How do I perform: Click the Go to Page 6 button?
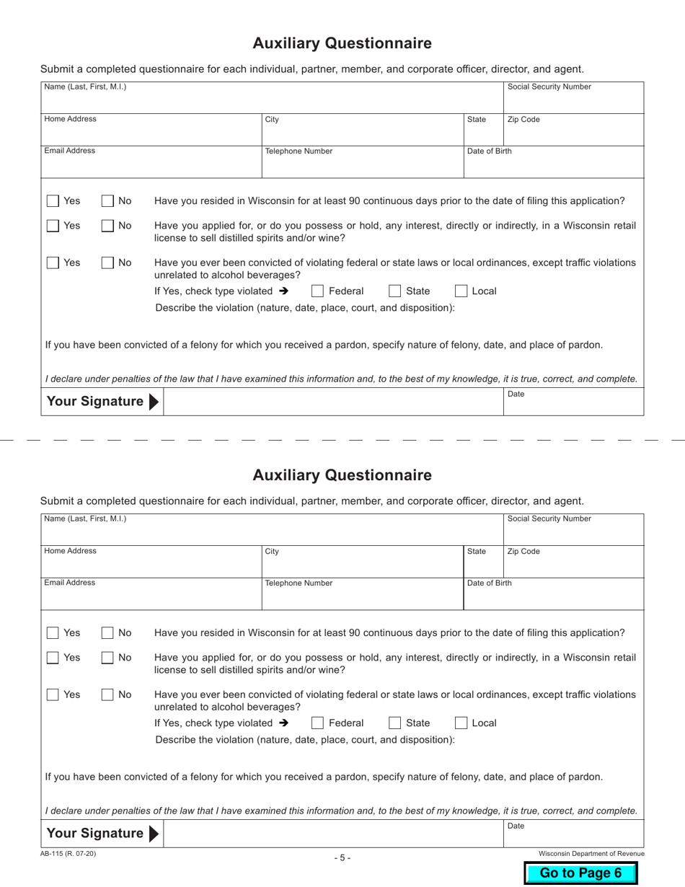580,873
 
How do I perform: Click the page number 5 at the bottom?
342,857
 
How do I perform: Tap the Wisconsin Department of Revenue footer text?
591,854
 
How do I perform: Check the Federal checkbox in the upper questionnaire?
317,291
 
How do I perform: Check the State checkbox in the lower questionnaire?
395,723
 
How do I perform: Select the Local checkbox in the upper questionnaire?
461,291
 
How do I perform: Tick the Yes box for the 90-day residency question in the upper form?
53,201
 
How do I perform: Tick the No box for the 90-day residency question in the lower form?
107,633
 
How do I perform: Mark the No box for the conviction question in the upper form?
107,263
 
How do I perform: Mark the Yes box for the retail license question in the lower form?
53,658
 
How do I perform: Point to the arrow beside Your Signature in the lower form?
153,834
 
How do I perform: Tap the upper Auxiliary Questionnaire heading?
342,43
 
